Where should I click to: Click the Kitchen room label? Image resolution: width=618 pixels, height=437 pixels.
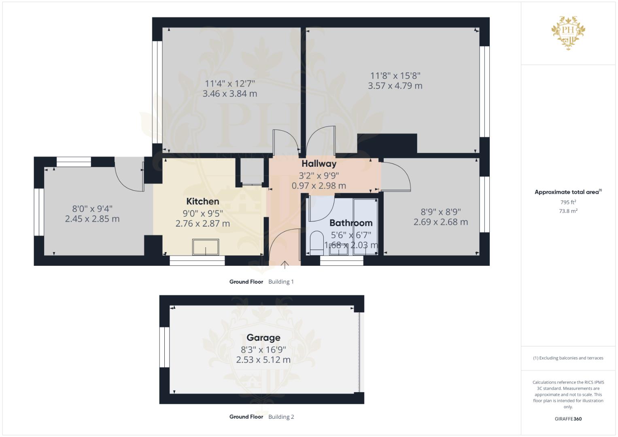coord(202,201)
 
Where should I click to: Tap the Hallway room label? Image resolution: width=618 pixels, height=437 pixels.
coord(319,164)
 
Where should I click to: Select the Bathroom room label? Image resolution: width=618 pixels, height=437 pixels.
coord(350,223)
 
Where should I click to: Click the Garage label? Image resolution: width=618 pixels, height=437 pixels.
coord(263,337)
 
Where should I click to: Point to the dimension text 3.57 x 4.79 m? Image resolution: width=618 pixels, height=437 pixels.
coord(395,86)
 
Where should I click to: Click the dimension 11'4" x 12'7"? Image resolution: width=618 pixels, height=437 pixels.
coord(230,83)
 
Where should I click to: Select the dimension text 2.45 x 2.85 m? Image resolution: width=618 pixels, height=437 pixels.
coord(92,219)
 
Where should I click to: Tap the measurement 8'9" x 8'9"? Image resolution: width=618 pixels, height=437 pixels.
coord(441,212)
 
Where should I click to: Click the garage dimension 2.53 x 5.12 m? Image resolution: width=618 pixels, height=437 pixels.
coord(263,360)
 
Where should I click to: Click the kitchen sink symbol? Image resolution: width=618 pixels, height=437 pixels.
coord(206,247)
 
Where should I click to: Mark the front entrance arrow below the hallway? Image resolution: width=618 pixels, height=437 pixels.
coord(285,265)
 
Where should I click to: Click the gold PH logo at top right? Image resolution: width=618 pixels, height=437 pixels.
coord(568,32)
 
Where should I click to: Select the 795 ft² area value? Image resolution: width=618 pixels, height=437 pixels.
coord(568,202)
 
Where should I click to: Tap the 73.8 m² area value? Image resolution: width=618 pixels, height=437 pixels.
coord(568,211)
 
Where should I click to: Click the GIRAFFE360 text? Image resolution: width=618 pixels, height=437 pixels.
coord(568,419)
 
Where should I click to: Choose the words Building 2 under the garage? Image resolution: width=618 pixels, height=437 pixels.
coord(281,417)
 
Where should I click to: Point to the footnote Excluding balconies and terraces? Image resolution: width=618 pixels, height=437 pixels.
coord(568,358)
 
